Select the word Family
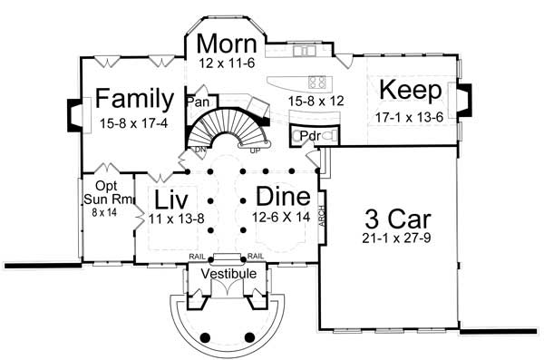[x=135, y=98]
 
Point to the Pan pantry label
[x=197, y=102]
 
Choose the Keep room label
[x=410, y=91]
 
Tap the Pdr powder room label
[x=309, y=136]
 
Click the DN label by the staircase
[x=201, y=150]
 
